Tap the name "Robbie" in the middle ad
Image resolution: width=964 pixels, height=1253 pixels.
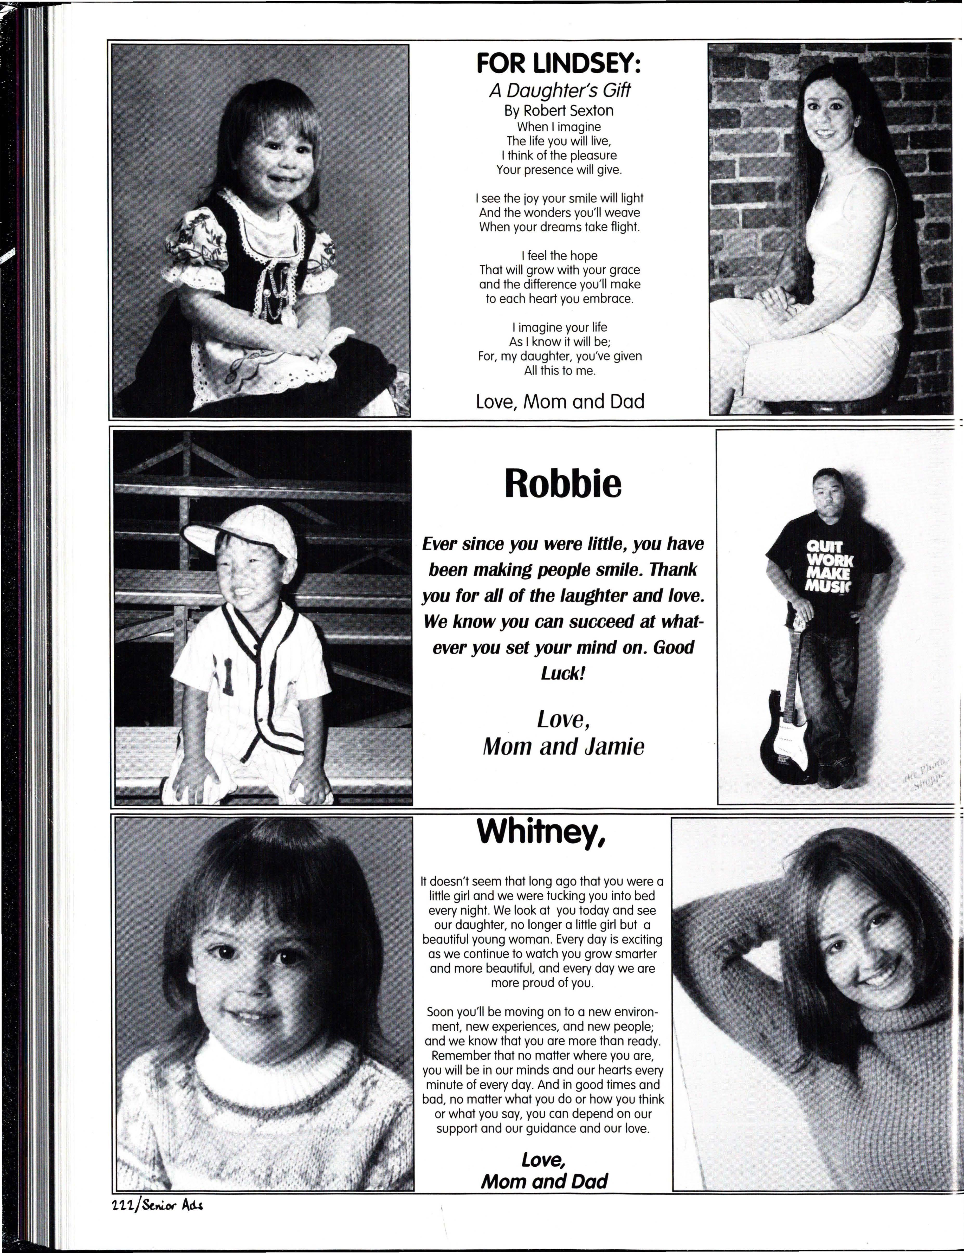(x=562, y=484)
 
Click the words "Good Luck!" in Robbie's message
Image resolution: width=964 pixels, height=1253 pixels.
(x=614, y=660)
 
